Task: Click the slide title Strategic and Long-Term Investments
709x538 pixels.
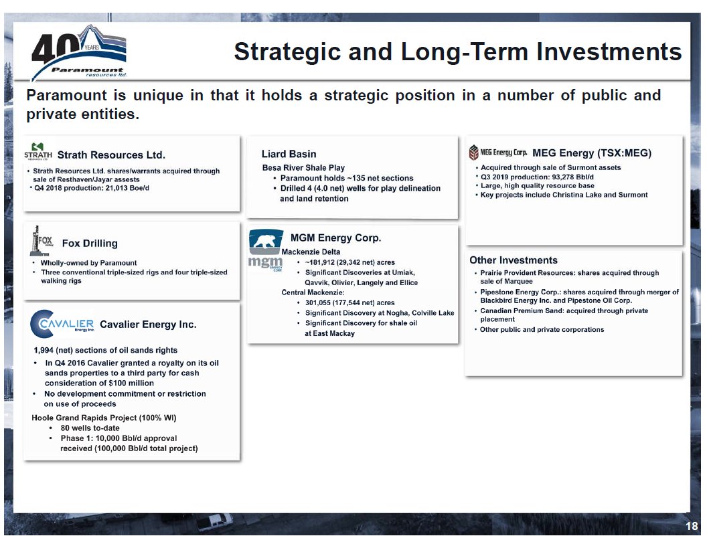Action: click(457, 52)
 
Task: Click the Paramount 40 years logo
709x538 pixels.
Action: click(79, 53)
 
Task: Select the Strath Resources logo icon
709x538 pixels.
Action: click(37, 151)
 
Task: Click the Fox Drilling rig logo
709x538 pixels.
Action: click(41, 241)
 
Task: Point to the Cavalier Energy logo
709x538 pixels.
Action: click(63, 323)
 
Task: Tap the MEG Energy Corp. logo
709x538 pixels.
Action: click(498, 153)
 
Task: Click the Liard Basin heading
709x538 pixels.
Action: click(289, 154)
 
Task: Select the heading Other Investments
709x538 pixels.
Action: click(513, 260)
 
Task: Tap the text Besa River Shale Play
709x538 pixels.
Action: click(303, 167)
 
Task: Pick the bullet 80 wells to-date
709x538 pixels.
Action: click(90, 428)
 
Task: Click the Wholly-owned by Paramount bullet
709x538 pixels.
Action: click(88, 263)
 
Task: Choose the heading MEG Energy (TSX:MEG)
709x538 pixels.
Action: click(591, 153)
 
